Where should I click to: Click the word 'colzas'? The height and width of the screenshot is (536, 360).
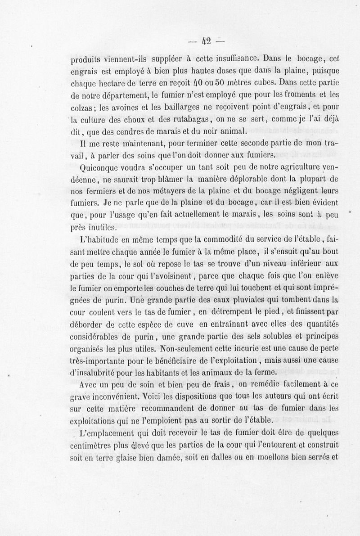pos(82,107)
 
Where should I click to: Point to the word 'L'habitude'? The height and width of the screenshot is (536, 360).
pos(97,239)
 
